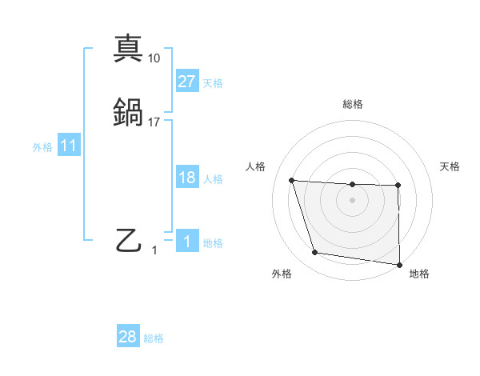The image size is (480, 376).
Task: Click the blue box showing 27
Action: click(186, 81)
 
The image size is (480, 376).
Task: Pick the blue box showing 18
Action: click(186, 178)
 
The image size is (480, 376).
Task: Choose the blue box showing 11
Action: click(69, 146)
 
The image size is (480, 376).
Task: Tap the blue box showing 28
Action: click(128, 337)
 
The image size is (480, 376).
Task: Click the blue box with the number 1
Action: click(186, 242)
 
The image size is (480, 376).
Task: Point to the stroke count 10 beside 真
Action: click(154, 58)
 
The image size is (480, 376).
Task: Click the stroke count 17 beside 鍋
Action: click(154, 122)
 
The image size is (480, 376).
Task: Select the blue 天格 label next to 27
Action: click(213, 82)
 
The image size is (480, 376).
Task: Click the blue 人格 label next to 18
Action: click(213, 179)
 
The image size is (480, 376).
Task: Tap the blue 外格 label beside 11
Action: click(42, 147)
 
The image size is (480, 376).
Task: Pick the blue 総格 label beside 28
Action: click(154, 338)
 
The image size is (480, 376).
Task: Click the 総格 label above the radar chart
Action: click(353, 104)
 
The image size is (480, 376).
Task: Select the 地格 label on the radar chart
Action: click(419, 274)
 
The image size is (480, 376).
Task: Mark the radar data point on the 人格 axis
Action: click(292, 181)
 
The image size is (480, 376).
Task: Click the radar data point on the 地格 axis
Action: click(399, 264)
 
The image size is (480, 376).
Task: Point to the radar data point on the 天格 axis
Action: click(398, 186)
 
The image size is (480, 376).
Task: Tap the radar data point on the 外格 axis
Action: click(315, 253)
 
